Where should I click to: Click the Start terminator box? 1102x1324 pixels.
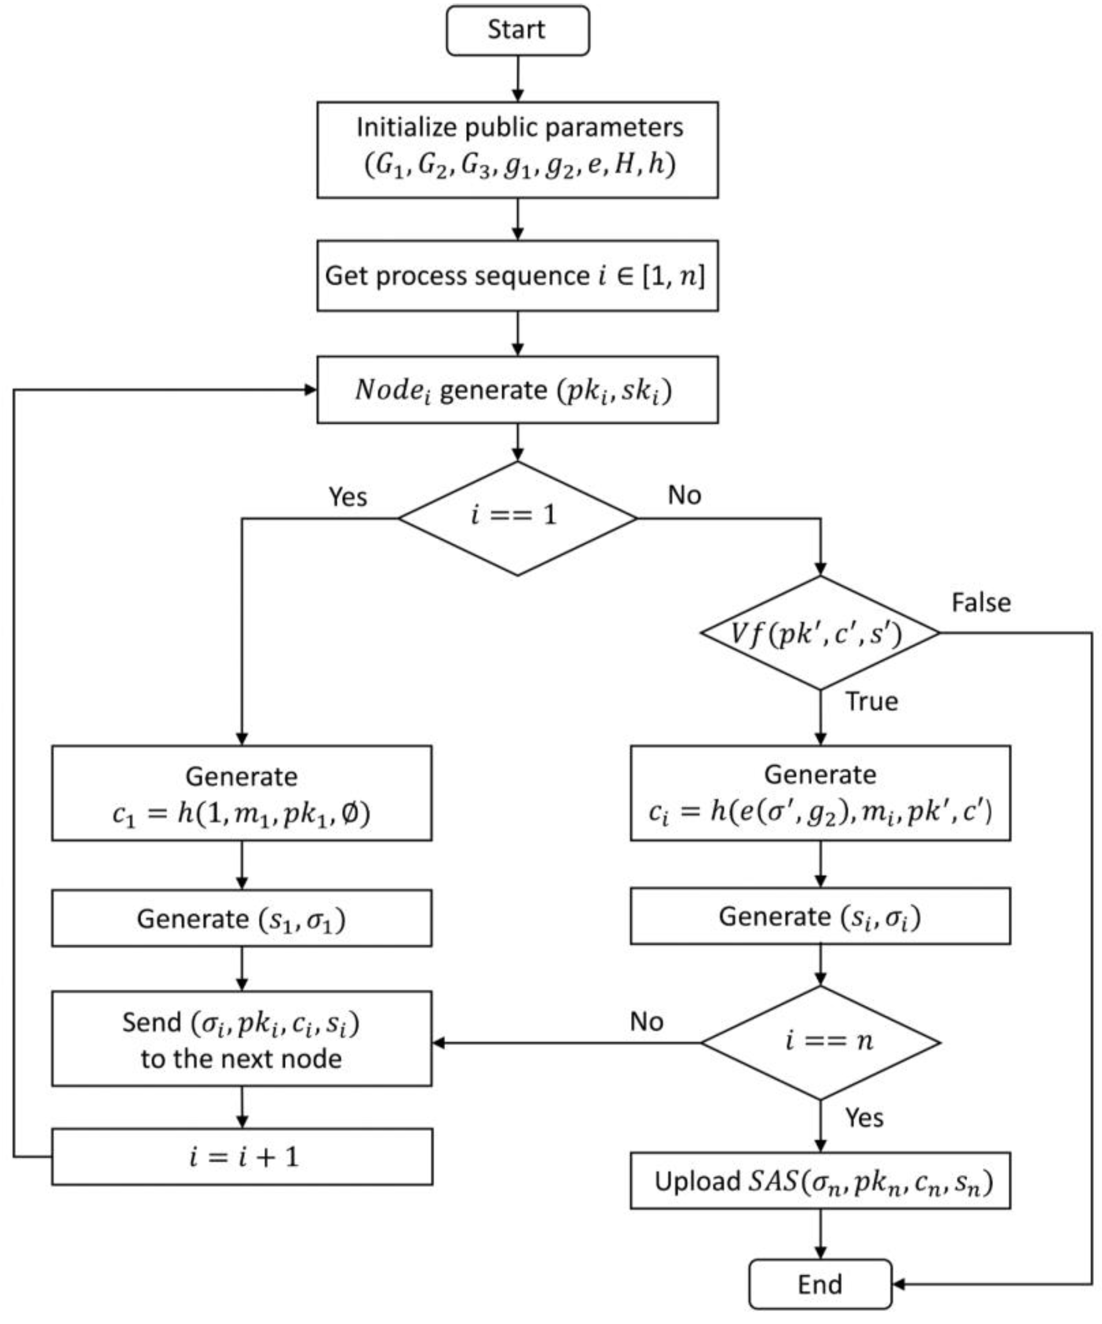point(518,30)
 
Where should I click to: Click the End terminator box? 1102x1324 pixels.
point(820,1284)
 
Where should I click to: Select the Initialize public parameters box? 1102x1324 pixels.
point(518,149)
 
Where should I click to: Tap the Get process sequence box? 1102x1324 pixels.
point(518,275)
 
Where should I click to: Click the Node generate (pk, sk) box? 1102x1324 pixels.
point(518,389)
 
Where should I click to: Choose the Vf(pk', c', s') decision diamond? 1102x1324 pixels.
point(820,632)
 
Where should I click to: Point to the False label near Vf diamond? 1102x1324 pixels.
point(981,602)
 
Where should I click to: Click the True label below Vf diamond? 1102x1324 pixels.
point(871,701)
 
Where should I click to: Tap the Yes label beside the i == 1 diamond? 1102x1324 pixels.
point(347,497)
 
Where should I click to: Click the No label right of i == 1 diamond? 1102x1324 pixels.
point(684,495)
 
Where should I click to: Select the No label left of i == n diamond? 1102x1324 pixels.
point(646,1021)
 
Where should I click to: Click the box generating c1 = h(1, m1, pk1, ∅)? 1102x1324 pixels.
point(241,793)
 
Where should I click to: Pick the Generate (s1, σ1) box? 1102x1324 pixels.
point(241,918)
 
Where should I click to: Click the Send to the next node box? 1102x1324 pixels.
point(241,1039)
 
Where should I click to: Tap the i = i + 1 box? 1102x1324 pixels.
point(241,1156)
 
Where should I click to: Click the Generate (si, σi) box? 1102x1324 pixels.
point(820,916)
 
